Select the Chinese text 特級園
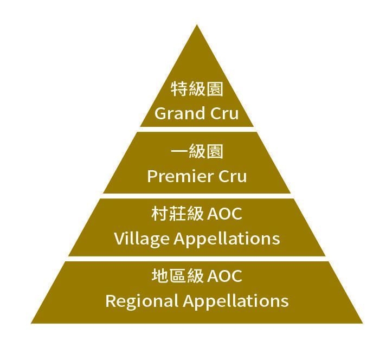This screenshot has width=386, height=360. click(197, 89)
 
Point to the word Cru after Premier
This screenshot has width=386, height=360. click(232, 176)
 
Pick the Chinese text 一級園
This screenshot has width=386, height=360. click(197, 152)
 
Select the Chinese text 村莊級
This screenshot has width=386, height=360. click(177, 214)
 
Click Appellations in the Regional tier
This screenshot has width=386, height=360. click(236, 301)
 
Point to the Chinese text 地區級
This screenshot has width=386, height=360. click(177, 277)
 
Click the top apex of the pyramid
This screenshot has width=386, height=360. click(197, 25)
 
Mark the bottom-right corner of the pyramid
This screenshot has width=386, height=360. click(361, 323)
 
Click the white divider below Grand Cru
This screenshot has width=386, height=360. click(197, 129)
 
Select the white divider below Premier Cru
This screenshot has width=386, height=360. click(197, 196)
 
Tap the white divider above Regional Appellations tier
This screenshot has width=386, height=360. click(197, 259)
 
